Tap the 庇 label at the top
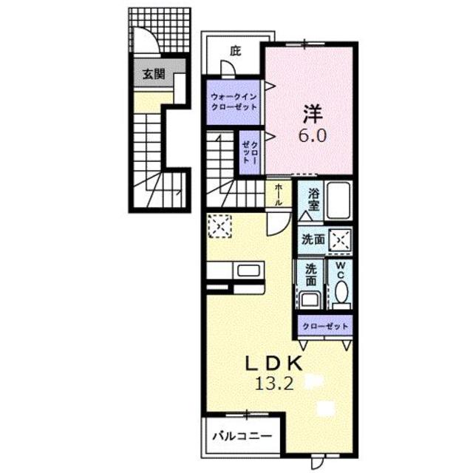[x=235, y=51]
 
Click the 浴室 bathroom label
[x=313, y=200]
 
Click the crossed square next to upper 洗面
[x=340, y=240]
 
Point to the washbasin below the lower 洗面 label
[x=310, y=300]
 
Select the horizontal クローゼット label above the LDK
[x=325, y=325]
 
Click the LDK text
[x=273, y=364]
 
